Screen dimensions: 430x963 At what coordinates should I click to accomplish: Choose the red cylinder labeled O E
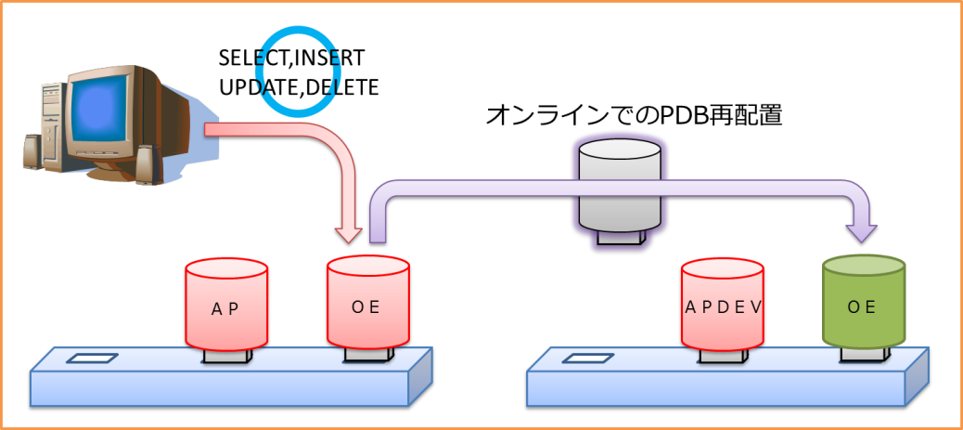367,305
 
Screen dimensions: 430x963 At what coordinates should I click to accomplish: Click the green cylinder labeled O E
863,306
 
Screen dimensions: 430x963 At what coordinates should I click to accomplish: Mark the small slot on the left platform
92,358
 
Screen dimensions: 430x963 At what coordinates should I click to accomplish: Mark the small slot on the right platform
587,358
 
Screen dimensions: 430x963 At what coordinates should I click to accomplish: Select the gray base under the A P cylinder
226,357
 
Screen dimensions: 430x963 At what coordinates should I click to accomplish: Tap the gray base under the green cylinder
863,354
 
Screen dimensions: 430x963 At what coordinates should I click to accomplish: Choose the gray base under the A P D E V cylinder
723,357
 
